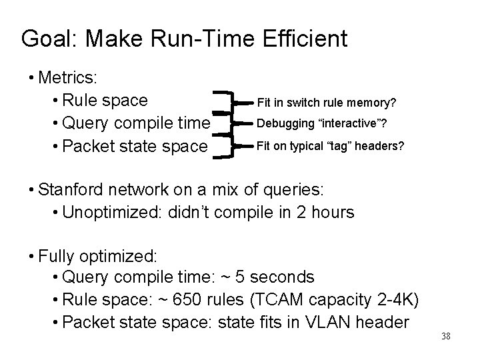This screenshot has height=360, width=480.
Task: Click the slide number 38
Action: pyautogui.click(x=446, y=335)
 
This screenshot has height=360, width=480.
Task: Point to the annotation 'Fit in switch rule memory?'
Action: pyautogui.click(x=327, y=103)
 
